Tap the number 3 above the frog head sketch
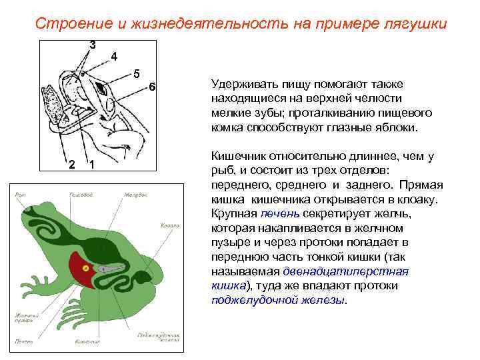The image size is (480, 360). pyautogui.click(x=92, y=45)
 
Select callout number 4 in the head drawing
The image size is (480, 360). pyautogui.click(x=114, y=57)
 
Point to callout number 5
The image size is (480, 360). pyautogui.click(x=136, y=73)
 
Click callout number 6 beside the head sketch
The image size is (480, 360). pyautogui.click(x=152, y=87)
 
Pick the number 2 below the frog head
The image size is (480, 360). pyautogui.click(x=72, y=165)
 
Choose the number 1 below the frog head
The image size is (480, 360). pyautogui.click(x=91, y=165)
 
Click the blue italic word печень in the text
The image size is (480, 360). pyautogui.click(x=280, y=213)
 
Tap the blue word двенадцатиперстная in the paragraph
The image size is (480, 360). pyautogui.click(x=345, y=272)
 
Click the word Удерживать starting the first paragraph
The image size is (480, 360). pyautogui.click(x=239, y=85)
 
